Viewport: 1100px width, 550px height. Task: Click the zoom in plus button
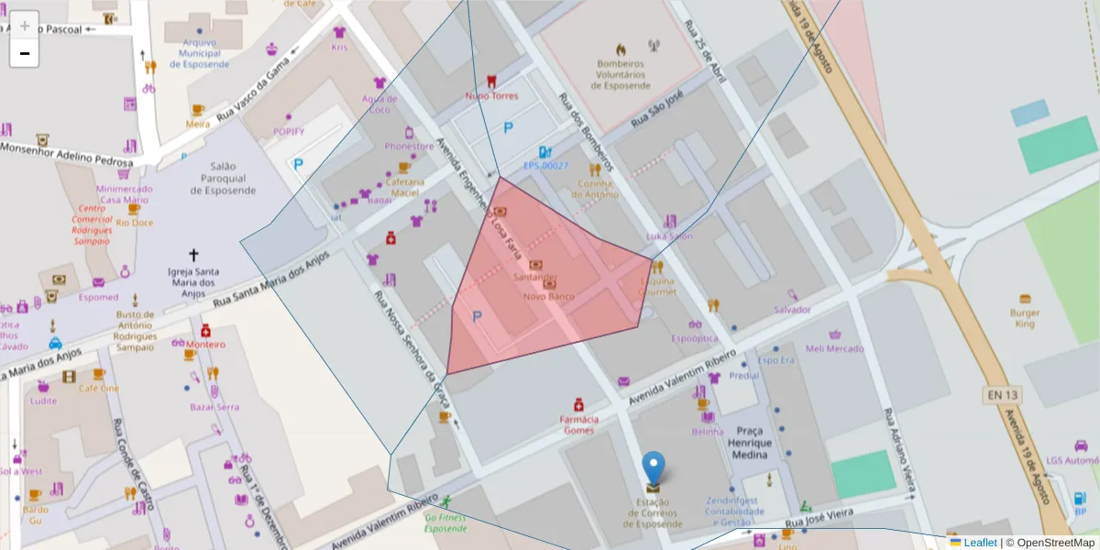pyautogui.click(x=24, y=25)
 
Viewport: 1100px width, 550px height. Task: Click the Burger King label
pyautogui.click(x=1024, y=317)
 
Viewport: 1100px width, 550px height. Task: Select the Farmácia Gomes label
pyautogui.click(x=578, y=424)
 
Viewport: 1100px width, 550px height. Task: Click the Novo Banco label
pyautogui.click(x=548, y=296)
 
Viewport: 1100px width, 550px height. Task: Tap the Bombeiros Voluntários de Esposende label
pyautogui.click(x=621, y=74)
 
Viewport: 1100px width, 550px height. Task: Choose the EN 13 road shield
pyautogui.click(x=1002, y=395)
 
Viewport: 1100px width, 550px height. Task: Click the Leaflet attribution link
pyautogui.click(x=979, y=543)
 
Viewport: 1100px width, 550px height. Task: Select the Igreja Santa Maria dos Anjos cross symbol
pyautogui.click(x=193, y=255)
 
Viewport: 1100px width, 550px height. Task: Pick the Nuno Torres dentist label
pyautogui.click(x=491, y=95)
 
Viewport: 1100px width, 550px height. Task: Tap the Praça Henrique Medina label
pyautogui.click(x=750, y=443)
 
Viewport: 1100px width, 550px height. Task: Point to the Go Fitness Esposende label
pyautogui.click(x=445, y=523)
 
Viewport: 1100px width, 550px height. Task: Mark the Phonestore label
pyautogui.click(x=409, y=146)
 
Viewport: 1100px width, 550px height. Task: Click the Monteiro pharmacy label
pyautogui.click(x=204, y=344)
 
